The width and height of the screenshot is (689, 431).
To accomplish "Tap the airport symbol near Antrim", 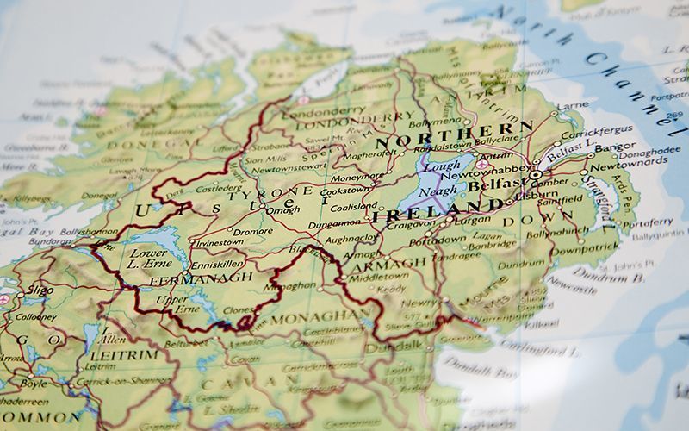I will click(482, 164).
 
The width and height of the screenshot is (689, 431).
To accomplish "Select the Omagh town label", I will click(283, 209).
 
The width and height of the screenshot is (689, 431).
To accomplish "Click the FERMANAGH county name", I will click(201, 279).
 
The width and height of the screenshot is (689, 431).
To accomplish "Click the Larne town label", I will click(573, 106).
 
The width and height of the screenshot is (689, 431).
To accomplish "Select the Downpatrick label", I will click(585, 248).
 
